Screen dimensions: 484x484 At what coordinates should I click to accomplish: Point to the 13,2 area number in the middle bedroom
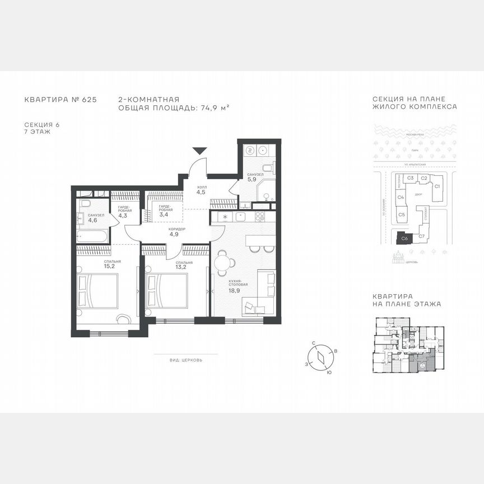pos(184,268)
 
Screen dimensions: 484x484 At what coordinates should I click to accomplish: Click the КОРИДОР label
pos(176,230)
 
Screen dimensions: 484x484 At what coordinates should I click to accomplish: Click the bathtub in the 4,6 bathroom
pos(92,237)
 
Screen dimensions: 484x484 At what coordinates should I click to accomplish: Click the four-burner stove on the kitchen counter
pos(260,216)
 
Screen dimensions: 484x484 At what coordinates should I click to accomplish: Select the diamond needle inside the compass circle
pos(320,357)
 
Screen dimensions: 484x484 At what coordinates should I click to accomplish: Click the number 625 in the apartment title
pos(89,100)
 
